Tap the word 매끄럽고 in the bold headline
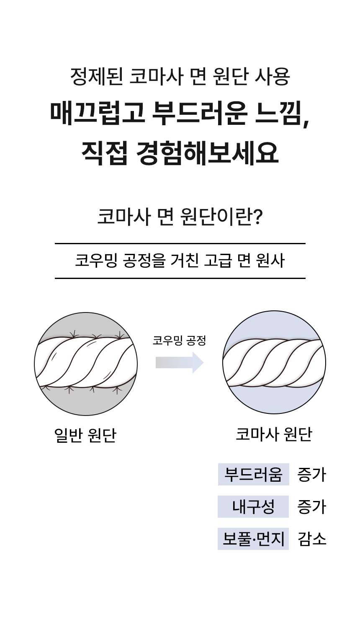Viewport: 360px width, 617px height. [x=97, y=114]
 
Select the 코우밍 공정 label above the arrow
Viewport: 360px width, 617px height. [x=179, y=341]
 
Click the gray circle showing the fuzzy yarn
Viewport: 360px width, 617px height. [x=86, y=364]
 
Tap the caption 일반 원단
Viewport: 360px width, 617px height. [x=85, y=436]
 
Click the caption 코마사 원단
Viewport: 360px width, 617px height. [x=274, y=434]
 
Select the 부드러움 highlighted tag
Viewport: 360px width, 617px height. [x=253, y=475]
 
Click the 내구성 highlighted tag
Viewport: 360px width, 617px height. [x=253, y=507]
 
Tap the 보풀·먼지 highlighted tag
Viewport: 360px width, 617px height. [x=253, y=539]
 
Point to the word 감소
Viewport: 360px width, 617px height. [x=312, y=539]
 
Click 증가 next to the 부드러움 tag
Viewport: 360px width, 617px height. [x=311, y=475]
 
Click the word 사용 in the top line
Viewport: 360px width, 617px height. [x=272, y=77]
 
